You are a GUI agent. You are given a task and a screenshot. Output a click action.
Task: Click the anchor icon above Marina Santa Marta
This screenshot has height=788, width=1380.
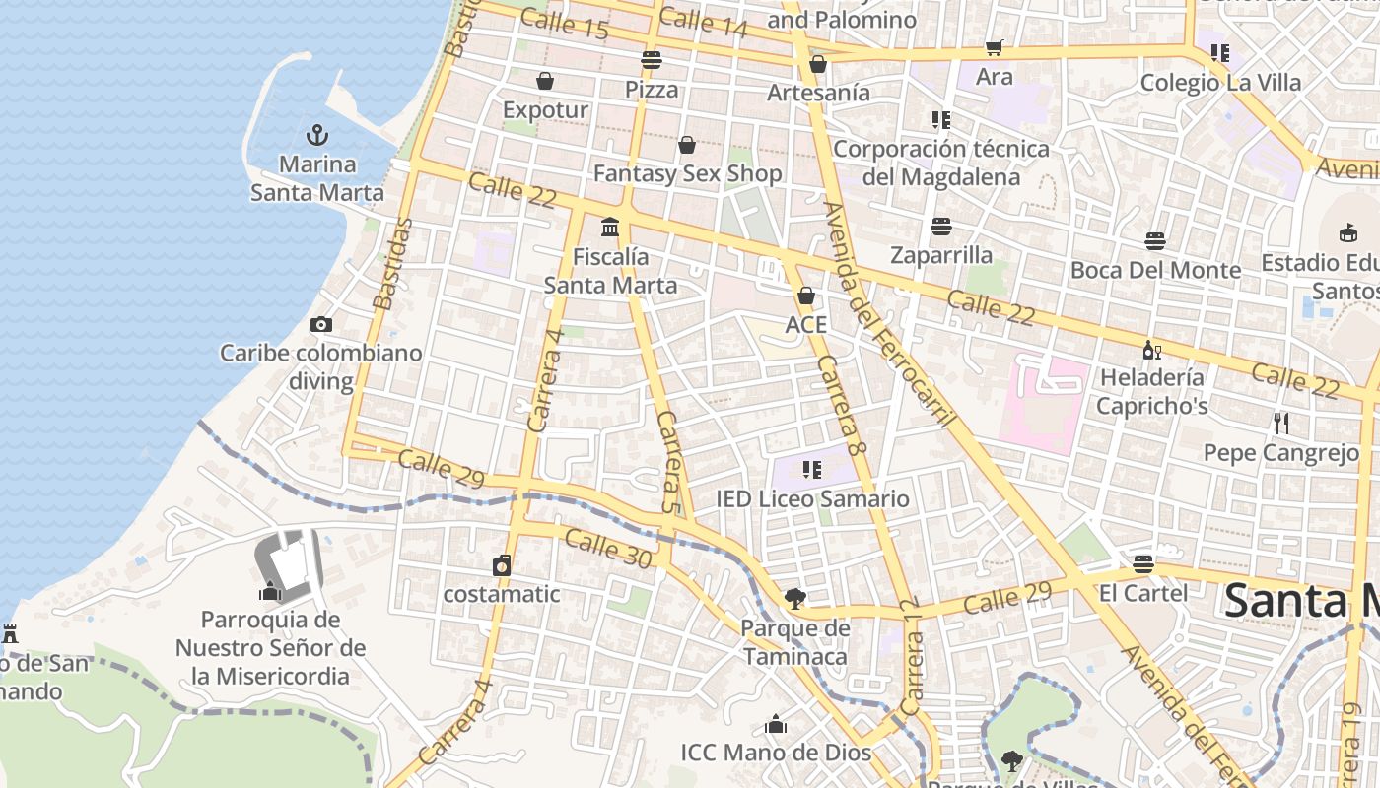[317, 134]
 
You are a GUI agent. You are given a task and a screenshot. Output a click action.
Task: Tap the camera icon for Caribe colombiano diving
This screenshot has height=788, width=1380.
[320, 324]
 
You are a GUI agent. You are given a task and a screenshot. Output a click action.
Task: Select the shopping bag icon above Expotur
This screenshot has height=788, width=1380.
[544, 81]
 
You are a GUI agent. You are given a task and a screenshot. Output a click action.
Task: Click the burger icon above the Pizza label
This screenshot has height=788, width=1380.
[651, 60]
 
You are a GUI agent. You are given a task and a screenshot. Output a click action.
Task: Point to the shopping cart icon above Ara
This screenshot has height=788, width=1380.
[994, 48]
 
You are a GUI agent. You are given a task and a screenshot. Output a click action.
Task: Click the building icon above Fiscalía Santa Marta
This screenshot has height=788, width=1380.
[610, 228]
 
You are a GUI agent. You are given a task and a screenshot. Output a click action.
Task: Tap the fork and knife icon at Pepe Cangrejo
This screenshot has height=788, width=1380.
[1280, 424]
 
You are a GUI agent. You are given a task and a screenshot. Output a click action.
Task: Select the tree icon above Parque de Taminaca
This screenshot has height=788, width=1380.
[794, 598]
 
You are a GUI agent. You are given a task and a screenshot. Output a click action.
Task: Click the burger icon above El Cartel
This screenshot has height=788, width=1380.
[1142, 564]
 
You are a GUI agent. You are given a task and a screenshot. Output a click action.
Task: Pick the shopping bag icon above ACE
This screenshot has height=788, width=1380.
[805, 295]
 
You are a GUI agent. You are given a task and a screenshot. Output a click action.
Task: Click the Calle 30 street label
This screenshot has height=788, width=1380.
[608, 549]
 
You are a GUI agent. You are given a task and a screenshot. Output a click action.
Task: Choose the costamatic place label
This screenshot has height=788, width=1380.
[501, 594]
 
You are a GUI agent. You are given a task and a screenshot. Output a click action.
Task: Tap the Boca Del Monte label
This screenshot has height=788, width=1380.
[1155, 270]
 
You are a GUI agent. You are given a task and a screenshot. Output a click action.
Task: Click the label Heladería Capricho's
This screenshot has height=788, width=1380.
[1151, 391]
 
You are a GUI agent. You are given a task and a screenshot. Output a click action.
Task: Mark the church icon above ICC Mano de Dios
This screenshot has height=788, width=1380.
[776, 725]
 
